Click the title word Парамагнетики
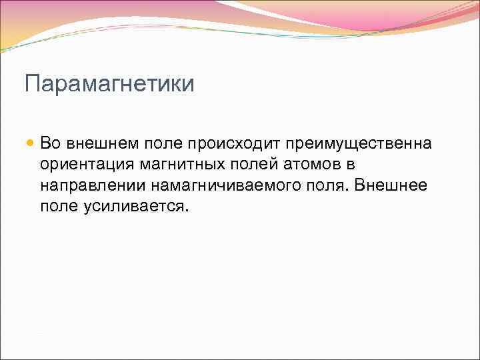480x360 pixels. tap(109, 85)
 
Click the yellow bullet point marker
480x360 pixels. tap(30, 143)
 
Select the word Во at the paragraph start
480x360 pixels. tap(51, 143)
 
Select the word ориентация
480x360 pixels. tap(83, 164)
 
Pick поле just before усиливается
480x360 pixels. tap(59, 206)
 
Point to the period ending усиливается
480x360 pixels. tap(187, 210)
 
